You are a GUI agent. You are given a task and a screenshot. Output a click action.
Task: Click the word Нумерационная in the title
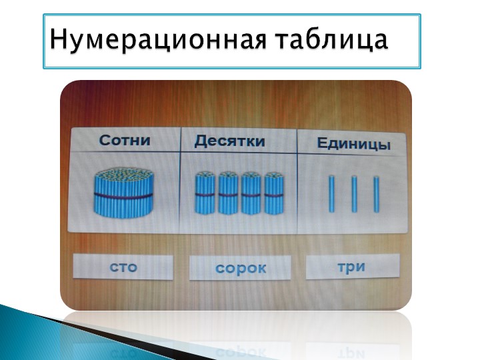(x=158, y=40)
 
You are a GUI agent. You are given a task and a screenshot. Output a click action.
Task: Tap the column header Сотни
(x=125, y=141)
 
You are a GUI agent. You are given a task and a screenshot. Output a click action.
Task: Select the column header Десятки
(x=229, y=142)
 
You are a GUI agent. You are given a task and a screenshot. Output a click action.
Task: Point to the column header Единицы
(x=353, y=144)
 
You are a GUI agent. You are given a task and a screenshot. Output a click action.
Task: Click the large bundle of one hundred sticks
(x=124, y=192)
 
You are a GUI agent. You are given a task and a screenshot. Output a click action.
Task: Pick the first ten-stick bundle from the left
(x=205, y=193)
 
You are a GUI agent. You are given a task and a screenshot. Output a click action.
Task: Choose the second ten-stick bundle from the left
(x=228, y=193)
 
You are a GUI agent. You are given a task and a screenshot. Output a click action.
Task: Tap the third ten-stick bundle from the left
(x=251, y=193)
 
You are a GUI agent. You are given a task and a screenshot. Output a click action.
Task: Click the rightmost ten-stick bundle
(x=274, y=193)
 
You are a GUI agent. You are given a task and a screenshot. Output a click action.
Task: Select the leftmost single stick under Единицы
(x=331, y=194)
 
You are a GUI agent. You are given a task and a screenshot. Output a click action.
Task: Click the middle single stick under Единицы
(x=354, y=194)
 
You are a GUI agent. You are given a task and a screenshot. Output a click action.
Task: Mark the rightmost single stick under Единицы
(x=376, y=194)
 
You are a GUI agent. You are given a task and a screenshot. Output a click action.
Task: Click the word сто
(x=123, y=267)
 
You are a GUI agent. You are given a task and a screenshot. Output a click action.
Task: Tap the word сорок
(x=241, y=269)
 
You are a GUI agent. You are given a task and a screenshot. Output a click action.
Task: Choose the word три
(x=351, y=267)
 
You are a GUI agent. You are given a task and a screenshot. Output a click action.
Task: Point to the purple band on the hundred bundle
(x=124, y=196)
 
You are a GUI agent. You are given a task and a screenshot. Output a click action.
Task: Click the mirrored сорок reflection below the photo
(x=241, y=353)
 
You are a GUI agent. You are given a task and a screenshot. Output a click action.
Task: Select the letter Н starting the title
(x=58, y=39)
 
